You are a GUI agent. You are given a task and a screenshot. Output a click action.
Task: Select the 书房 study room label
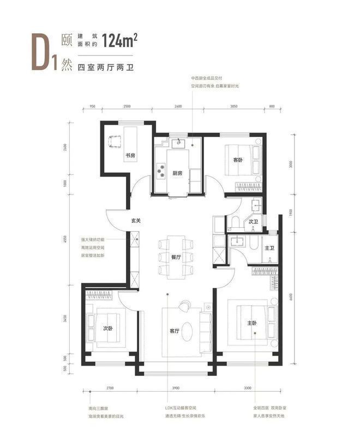(130, 156)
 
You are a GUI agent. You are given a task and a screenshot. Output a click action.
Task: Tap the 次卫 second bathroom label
(253, 222)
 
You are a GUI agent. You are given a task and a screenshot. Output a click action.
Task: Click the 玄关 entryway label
(136, 221)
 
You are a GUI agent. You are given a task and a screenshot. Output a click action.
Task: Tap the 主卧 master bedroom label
(251, 323)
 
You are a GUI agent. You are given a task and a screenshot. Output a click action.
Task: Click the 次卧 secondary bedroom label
(108, 328)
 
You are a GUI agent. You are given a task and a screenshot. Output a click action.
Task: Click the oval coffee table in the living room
(187, 330)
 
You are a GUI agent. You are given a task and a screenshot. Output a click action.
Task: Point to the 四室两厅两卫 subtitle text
(106, 68)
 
